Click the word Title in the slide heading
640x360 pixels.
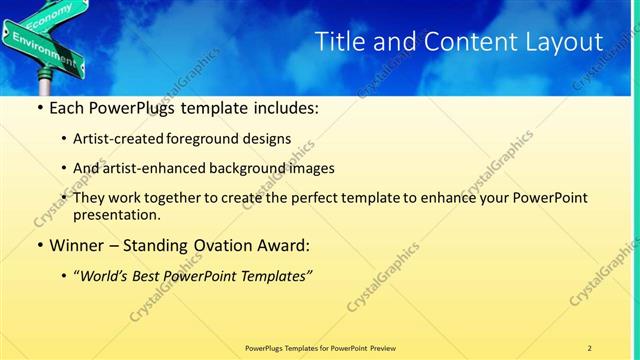339,42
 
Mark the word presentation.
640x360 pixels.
116,215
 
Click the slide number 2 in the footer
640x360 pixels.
590,347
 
